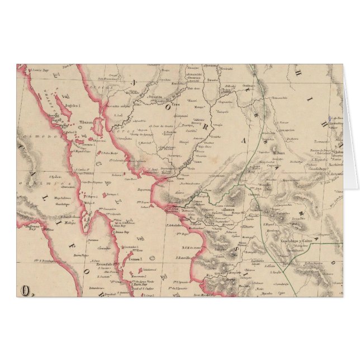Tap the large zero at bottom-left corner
coord(25,290)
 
